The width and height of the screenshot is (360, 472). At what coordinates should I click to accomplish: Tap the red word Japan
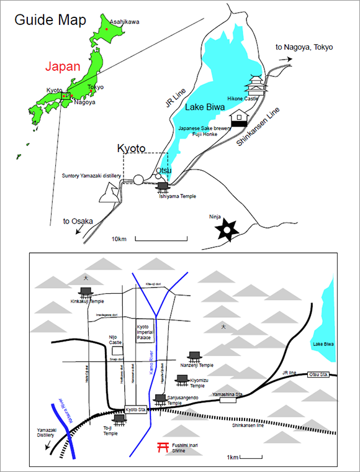63,65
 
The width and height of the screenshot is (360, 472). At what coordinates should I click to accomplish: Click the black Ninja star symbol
228,231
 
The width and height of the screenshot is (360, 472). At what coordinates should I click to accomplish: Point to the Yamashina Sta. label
240,394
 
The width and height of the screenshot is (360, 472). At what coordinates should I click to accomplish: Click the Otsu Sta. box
318,374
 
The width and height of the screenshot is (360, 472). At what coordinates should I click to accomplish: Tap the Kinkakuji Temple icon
86,291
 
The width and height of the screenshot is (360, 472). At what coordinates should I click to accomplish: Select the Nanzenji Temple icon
194,356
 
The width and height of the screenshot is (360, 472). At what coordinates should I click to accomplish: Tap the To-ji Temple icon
119,420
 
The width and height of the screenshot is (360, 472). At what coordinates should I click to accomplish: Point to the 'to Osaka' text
78,221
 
